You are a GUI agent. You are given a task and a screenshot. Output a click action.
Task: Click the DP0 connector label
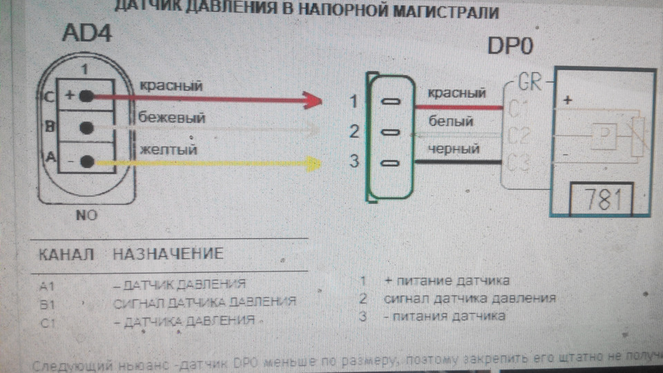[515, 46]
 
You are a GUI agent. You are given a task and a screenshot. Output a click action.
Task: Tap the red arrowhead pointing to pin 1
[314, 102]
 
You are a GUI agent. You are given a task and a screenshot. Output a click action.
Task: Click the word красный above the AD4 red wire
[171, 86]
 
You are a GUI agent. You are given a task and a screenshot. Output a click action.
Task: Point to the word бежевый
[172, 117]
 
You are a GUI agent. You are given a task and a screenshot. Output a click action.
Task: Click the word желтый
[169, 149]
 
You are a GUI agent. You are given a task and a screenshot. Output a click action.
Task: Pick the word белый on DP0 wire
[450, 122]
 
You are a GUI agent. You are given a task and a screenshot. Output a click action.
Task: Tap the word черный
[454, 149]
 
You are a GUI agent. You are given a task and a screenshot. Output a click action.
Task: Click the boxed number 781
[599, 200]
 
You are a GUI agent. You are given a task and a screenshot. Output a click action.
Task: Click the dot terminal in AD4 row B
[86, 128]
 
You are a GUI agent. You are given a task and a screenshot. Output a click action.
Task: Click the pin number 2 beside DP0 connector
[353, 131]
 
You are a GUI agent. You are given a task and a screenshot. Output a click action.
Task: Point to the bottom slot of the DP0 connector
[390, 164]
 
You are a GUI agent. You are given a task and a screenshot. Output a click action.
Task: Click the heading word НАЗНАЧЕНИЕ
[168, 254]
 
